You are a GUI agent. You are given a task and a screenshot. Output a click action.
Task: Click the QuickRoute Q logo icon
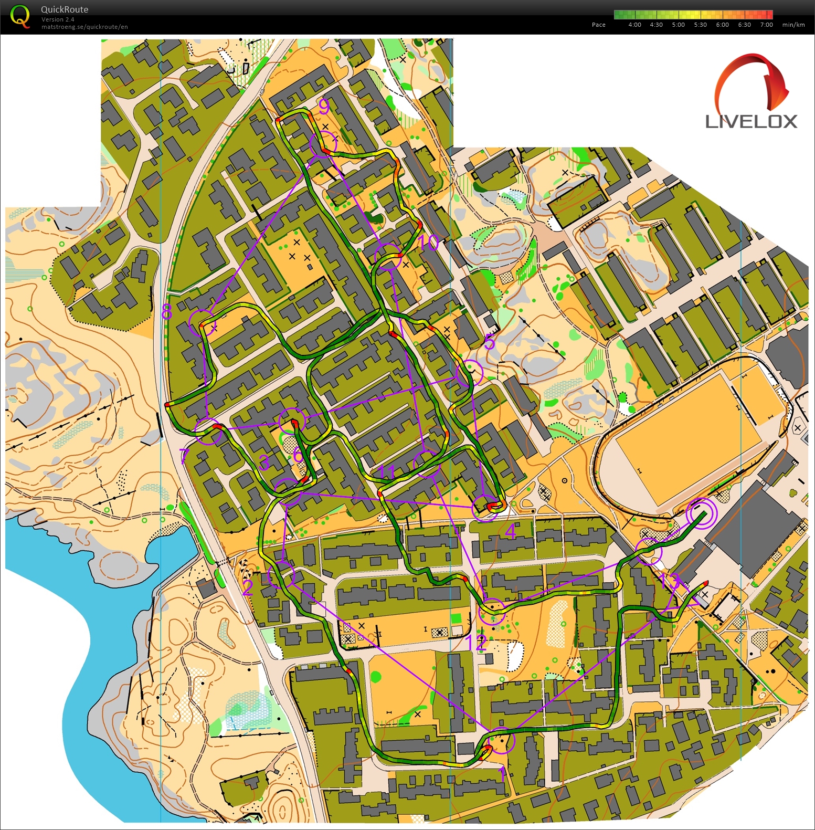[20, 16]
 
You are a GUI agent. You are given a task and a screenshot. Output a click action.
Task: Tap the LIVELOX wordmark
[751, 122]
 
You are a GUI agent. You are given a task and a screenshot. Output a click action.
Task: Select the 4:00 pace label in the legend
[634, 25]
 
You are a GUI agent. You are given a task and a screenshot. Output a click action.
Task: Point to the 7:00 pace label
[766, 25]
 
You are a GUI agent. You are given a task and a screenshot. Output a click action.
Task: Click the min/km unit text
[793, 25]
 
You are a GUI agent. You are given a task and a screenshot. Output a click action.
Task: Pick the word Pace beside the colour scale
[598, 25]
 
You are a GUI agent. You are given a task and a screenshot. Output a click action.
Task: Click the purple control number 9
[324, 107]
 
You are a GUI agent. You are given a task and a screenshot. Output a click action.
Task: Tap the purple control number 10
[429, 243]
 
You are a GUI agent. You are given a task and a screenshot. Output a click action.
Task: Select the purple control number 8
[167, 312]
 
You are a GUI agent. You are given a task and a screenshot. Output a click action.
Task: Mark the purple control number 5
[489, 342]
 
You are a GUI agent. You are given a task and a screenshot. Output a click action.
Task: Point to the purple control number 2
[248, 587]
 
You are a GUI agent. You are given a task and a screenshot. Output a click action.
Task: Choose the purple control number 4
[510, 532]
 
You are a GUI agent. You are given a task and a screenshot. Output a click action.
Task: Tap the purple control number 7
[184, 456]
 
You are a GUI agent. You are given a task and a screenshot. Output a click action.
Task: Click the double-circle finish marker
[701, 513]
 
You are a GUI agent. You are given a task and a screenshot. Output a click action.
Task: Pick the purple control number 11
[387, 472]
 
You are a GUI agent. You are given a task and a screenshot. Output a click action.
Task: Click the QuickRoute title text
[65, 9]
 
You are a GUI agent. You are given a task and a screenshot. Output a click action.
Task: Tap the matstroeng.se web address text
[84, 27]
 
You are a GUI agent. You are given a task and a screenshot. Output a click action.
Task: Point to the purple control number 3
[264, 463]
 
